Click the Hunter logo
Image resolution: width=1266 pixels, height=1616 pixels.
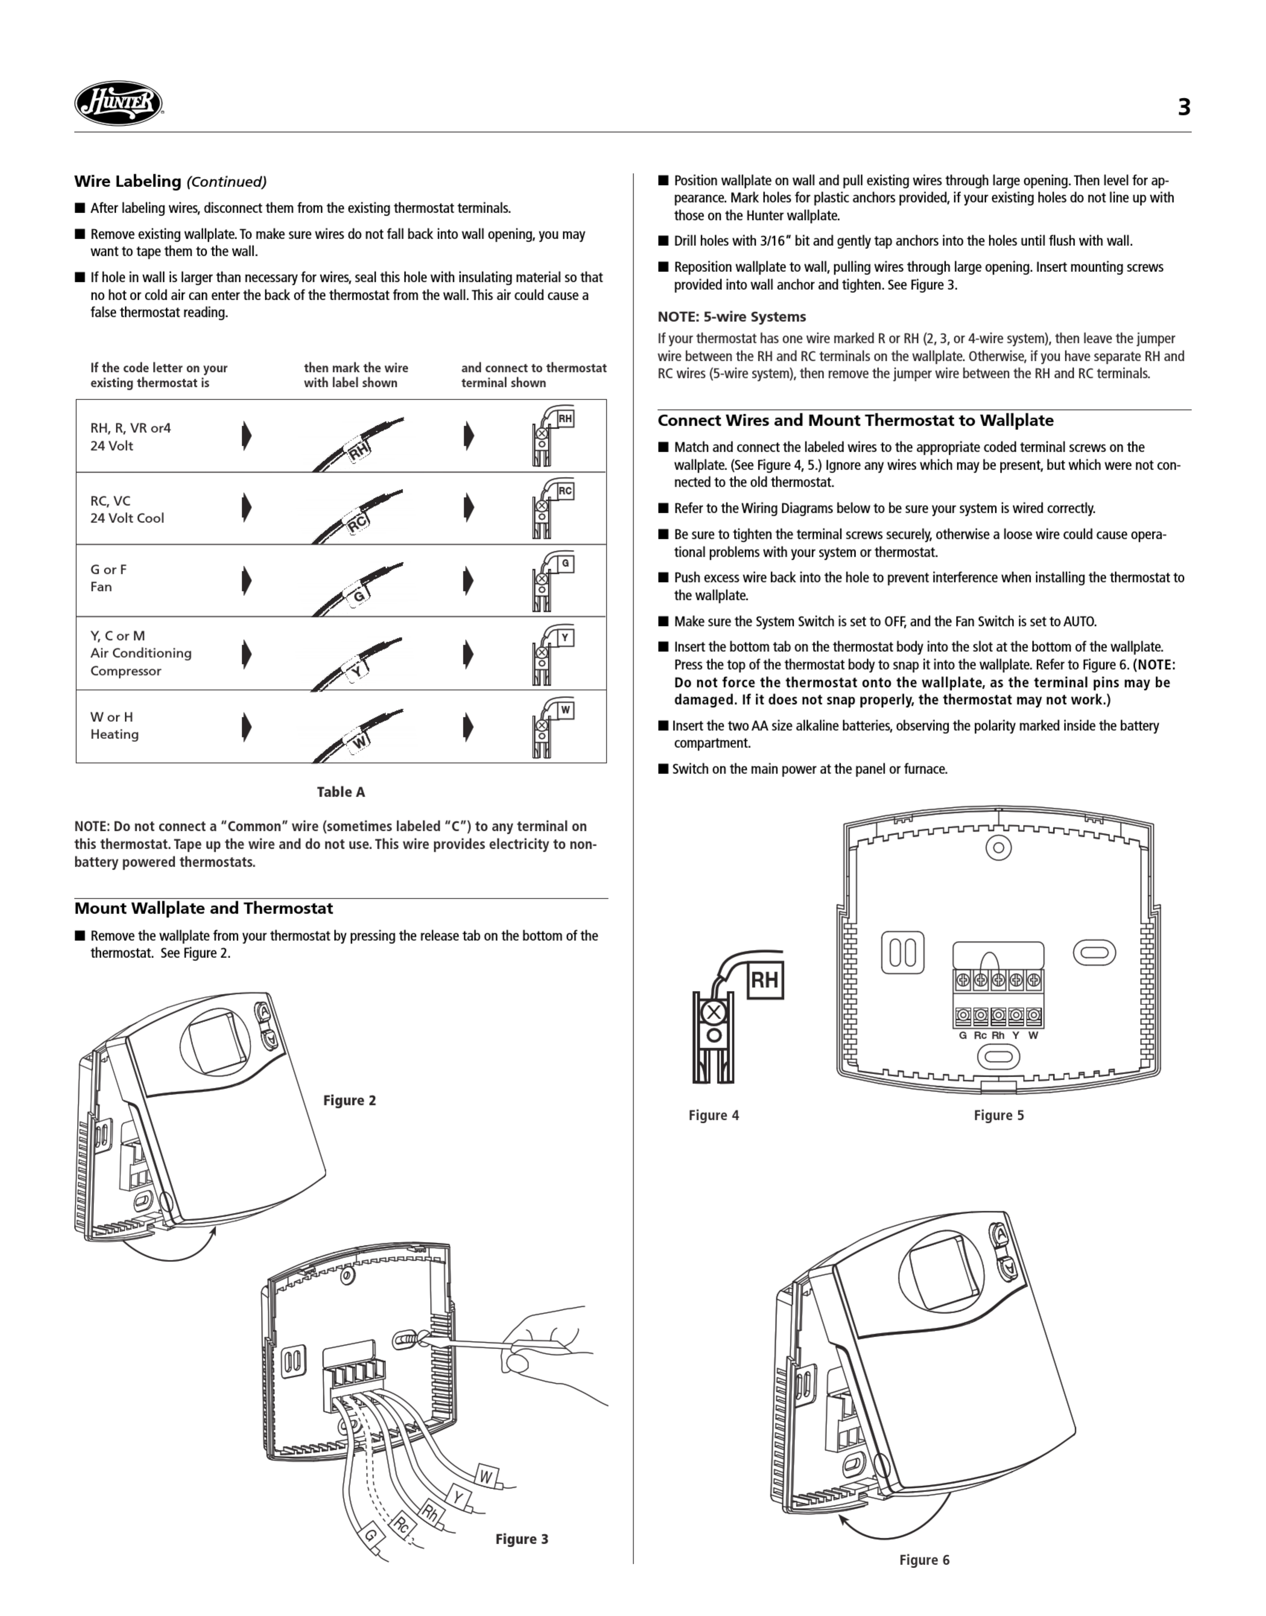(119, 103)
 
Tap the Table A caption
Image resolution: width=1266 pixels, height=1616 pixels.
(341, 792)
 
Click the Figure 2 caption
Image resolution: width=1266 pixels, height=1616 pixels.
(349, 1101)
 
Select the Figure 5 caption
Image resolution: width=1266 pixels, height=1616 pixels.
(998, 1116)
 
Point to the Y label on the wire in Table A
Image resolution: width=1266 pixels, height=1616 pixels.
(356, 672)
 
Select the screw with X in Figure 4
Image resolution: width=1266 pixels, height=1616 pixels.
(713, 1012)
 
